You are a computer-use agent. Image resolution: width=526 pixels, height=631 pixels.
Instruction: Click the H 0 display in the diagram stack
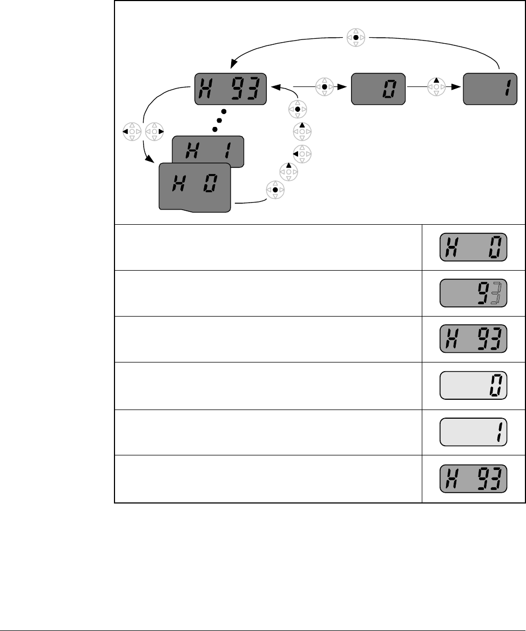[194, 186]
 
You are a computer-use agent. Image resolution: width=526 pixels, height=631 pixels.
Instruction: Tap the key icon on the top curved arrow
[355, 38]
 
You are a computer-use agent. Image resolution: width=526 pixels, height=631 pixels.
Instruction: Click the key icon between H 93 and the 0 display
[324, 86]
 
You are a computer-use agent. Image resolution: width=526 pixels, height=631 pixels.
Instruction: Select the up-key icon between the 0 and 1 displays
[436, 86]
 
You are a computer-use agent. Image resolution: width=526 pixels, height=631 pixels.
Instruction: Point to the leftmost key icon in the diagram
[131, 131]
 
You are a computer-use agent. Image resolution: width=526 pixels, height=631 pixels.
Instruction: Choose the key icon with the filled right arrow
[154, 131]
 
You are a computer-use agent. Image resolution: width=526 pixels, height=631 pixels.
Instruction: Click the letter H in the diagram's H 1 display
[190, 151]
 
